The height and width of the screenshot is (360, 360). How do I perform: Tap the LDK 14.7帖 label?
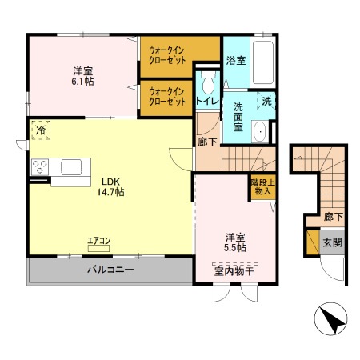tap(110, 186)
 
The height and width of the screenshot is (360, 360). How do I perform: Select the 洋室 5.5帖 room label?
tap(234, 242)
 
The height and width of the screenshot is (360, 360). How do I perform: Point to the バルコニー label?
tap(110, 270)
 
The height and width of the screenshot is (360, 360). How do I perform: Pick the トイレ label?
tap(206, 102)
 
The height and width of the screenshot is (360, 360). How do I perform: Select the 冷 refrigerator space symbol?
tap(40, 130)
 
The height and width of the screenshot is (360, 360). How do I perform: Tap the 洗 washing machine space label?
tap(268, 102)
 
